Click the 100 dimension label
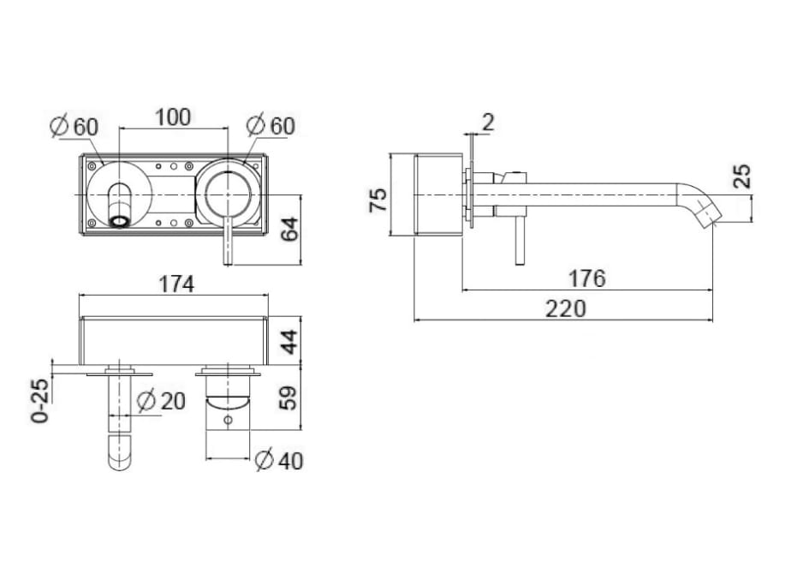click(173, 117)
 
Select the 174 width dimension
click(176, 284)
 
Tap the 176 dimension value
click(586, 278)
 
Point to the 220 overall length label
click(566, 308)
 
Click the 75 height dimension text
click(378, 200)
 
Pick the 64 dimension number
click(289, 230)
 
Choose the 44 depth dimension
click(289, 342)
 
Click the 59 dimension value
click(289, 398)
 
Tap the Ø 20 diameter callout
click(162, 401)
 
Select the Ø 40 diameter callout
click(280, 460)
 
